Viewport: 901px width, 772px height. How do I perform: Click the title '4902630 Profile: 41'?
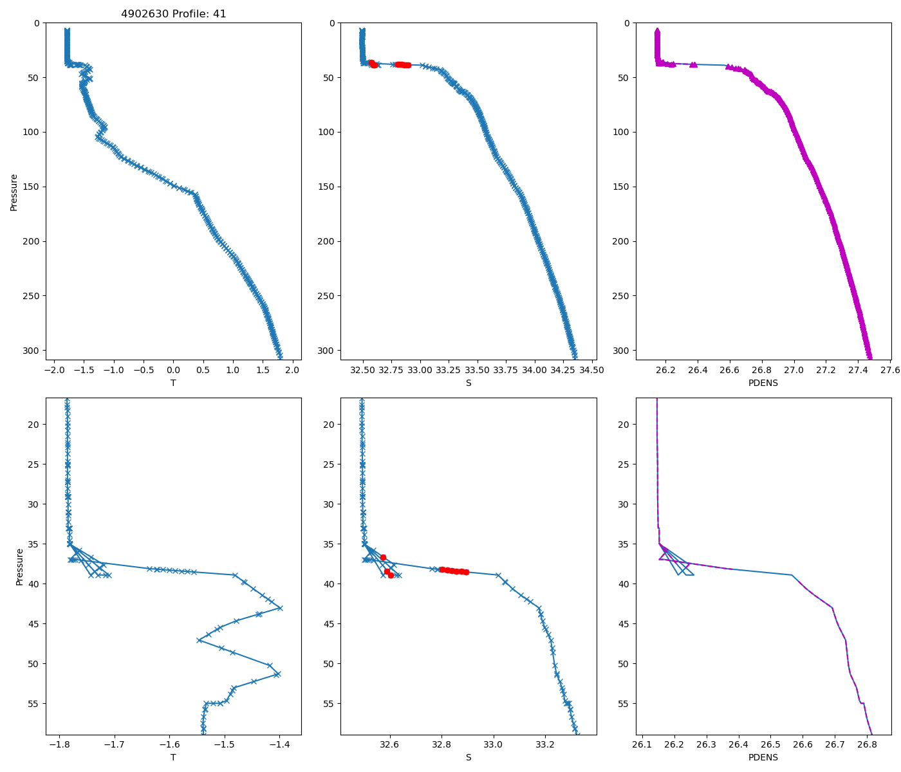pyautogui.click(x=174, y=14)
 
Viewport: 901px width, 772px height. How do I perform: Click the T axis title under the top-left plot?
pyautogui.click(x=173, y=383)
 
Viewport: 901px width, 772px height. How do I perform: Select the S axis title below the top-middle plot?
pyautogui.click(x=469, y=383)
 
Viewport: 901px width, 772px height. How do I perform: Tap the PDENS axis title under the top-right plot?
pyautogui.click(x=763, y=383)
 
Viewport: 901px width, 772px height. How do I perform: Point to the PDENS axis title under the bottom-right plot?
pyautogui.click(x=763, y=757)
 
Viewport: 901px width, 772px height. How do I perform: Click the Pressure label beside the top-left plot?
pyautogui.click(x=14, y=192)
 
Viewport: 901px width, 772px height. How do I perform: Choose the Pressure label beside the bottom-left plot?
pyautogui.click(x=20, y=566)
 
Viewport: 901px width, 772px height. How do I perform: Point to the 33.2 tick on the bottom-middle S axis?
pyautogui.click(x=545, y=744)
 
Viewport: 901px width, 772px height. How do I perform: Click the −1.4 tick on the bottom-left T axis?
pyautogui.click(x=280, y=744)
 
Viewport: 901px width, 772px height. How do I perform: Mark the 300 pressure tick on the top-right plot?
pyautogui.click(x=627, y=351)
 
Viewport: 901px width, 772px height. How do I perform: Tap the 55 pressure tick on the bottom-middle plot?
pyautogui.click(x=330, y=704)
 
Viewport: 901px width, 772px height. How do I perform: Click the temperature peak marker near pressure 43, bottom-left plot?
pyautogui.click(x=280, y=608)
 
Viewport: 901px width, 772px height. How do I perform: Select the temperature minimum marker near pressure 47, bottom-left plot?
pyautogui.click(x=200, y=640)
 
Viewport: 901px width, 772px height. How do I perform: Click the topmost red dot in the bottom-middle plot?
pyautogui.click(x=383, y=557)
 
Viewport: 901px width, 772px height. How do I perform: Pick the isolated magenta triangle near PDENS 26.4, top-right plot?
pyautogui.click(x=694, y=64)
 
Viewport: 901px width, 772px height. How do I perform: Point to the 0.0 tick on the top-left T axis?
pyautogui.click(x=173, y=370)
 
